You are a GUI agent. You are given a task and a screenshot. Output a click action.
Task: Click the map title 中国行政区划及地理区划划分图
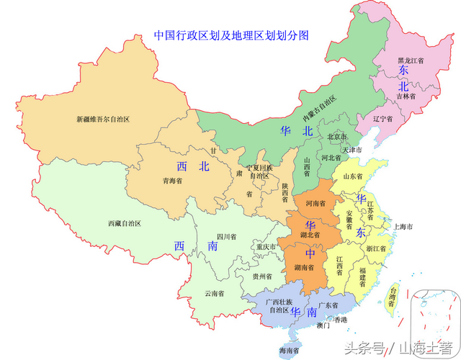tap(231, 34)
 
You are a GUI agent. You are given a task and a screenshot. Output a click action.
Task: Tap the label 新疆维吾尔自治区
tap(103, 119)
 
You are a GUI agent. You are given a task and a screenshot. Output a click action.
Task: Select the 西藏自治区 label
tap(125, 224)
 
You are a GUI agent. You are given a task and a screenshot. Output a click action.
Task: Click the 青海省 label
tap(172, 181)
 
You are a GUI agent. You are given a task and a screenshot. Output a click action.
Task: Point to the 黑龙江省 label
tap(412, 61)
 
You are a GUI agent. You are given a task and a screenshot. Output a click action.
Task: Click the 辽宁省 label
tap(382, 117)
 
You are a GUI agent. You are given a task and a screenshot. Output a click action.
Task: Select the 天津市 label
tap(354, 150)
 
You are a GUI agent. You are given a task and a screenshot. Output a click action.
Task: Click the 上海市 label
tap(402, 227)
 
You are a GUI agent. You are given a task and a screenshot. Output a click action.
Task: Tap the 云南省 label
tap(215, 293)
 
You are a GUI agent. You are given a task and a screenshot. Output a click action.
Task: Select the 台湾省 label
tap(392, 297)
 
